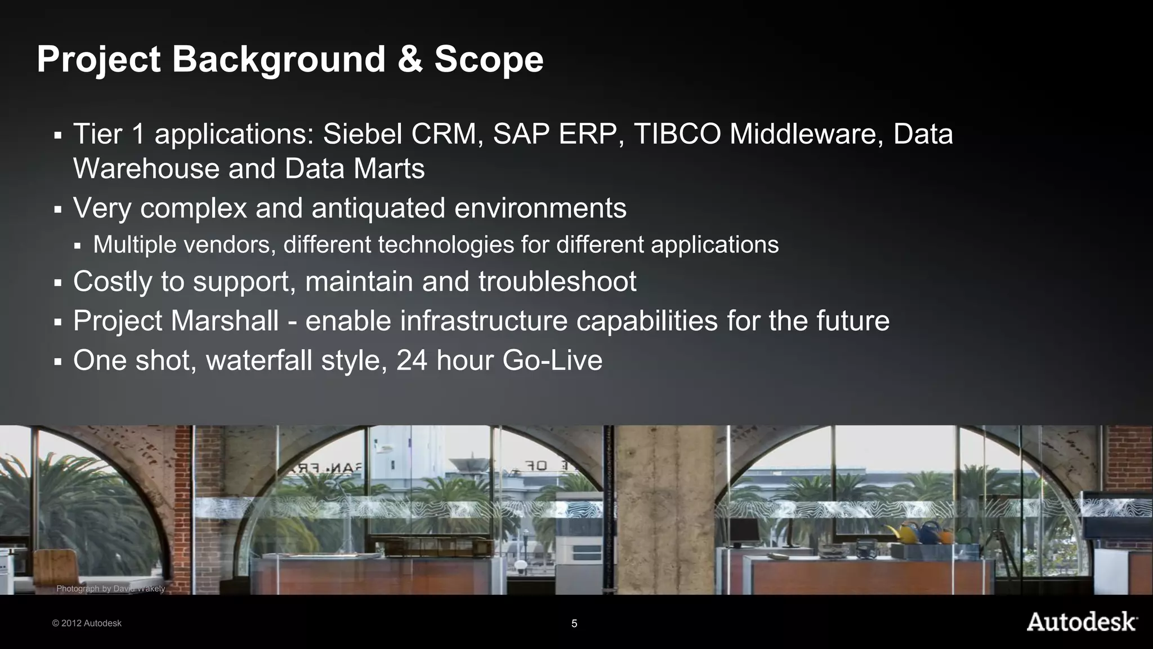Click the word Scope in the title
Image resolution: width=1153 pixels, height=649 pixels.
(x=489, y=59)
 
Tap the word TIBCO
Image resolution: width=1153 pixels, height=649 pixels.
(x=677, y=134)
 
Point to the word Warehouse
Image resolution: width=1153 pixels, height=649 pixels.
(x=146, y=168)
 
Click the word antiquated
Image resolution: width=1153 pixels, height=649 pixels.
(x=378, y=208)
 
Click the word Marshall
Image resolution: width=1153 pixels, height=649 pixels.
(x=224, y=321)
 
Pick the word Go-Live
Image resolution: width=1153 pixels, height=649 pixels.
(x=552, y=360)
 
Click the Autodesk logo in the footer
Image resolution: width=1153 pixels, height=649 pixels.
(x=1082, y=622)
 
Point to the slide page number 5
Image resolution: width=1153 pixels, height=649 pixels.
(x=574, y=624)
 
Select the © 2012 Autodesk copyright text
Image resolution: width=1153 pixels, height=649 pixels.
(x=87, y=623)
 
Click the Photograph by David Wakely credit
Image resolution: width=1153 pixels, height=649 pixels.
(x=110, y=589)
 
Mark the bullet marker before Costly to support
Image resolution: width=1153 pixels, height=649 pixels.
(x=57, y=282)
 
